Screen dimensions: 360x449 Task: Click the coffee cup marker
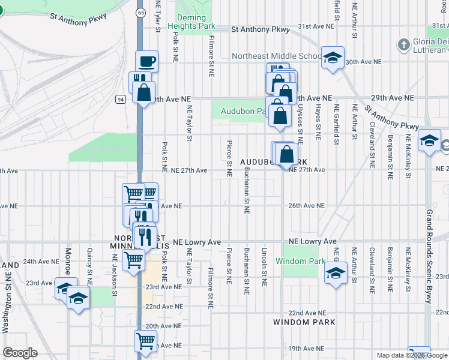pos(146,61)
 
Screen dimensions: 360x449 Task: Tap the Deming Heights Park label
pos(196,22)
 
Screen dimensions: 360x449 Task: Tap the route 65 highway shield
pos(140,12)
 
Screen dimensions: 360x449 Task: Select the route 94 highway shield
pos(121,100)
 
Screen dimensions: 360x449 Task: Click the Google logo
pos(20,353)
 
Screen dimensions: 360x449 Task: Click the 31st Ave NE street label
pos(316,26)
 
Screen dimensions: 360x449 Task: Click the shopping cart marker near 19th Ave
pos(145,341)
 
